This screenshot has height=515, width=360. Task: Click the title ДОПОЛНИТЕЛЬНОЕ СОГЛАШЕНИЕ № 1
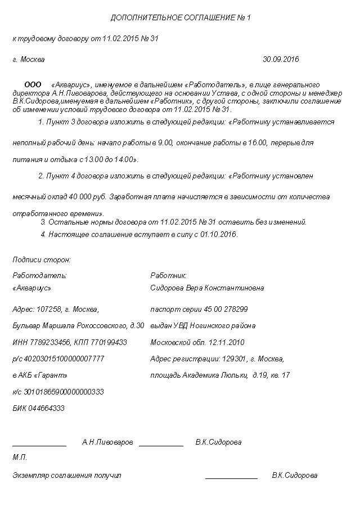coord(180,18)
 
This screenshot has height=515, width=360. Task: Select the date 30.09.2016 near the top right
coord(281,59)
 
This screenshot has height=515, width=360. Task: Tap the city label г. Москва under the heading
coord(28,59)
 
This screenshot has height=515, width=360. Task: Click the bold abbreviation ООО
coord(33,84)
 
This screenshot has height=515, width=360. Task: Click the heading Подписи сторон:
coord(41,259)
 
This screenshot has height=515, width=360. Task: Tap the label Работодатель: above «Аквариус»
coord(39,275)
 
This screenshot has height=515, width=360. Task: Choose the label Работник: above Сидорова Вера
coord(168,275)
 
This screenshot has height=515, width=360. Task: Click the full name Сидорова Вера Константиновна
coord(207,288)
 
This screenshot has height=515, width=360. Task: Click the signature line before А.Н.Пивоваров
coord(39,446)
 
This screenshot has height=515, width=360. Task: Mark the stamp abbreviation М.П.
coord(20,458)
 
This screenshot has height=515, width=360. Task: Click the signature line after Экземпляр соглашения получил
coord(231,478)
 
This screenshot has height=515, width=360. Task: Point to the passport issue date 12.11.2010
coord(227,342)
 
